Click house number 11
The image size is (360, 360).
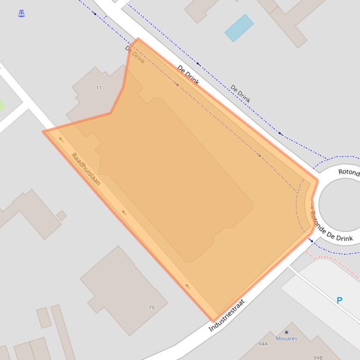[99, 88]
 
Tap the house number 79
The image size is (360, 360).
[151, 308]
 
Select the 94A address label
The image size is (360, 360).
[263, 344]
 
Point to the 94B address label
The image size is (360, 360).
[318, 358]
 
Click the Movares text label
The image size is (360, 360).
[287, 338]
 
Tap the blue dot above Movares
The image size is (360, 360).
[287, 332]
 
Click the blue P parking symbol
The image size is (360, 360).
[340, 301]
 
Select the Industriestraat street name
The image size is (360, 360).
[227, 316]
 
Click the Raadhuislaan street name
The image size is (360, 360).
[86, 169]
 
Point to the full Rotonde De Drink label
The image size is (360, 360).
[331, 226]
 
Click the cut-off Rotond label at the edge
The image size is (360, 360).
[349, 172]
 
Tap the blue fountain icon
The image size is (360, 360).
[21, 14]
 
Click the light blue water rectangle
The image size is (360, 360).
[239, 28]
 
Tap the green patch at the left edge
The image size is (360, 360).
[1, 105]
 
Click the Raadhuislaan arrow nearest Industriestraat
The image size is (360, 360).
[188, 286]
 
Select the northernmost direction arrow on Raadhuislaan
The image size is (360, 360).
[61, 139]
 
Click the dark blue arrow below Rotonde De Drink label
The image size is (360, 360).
[310, 240]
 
